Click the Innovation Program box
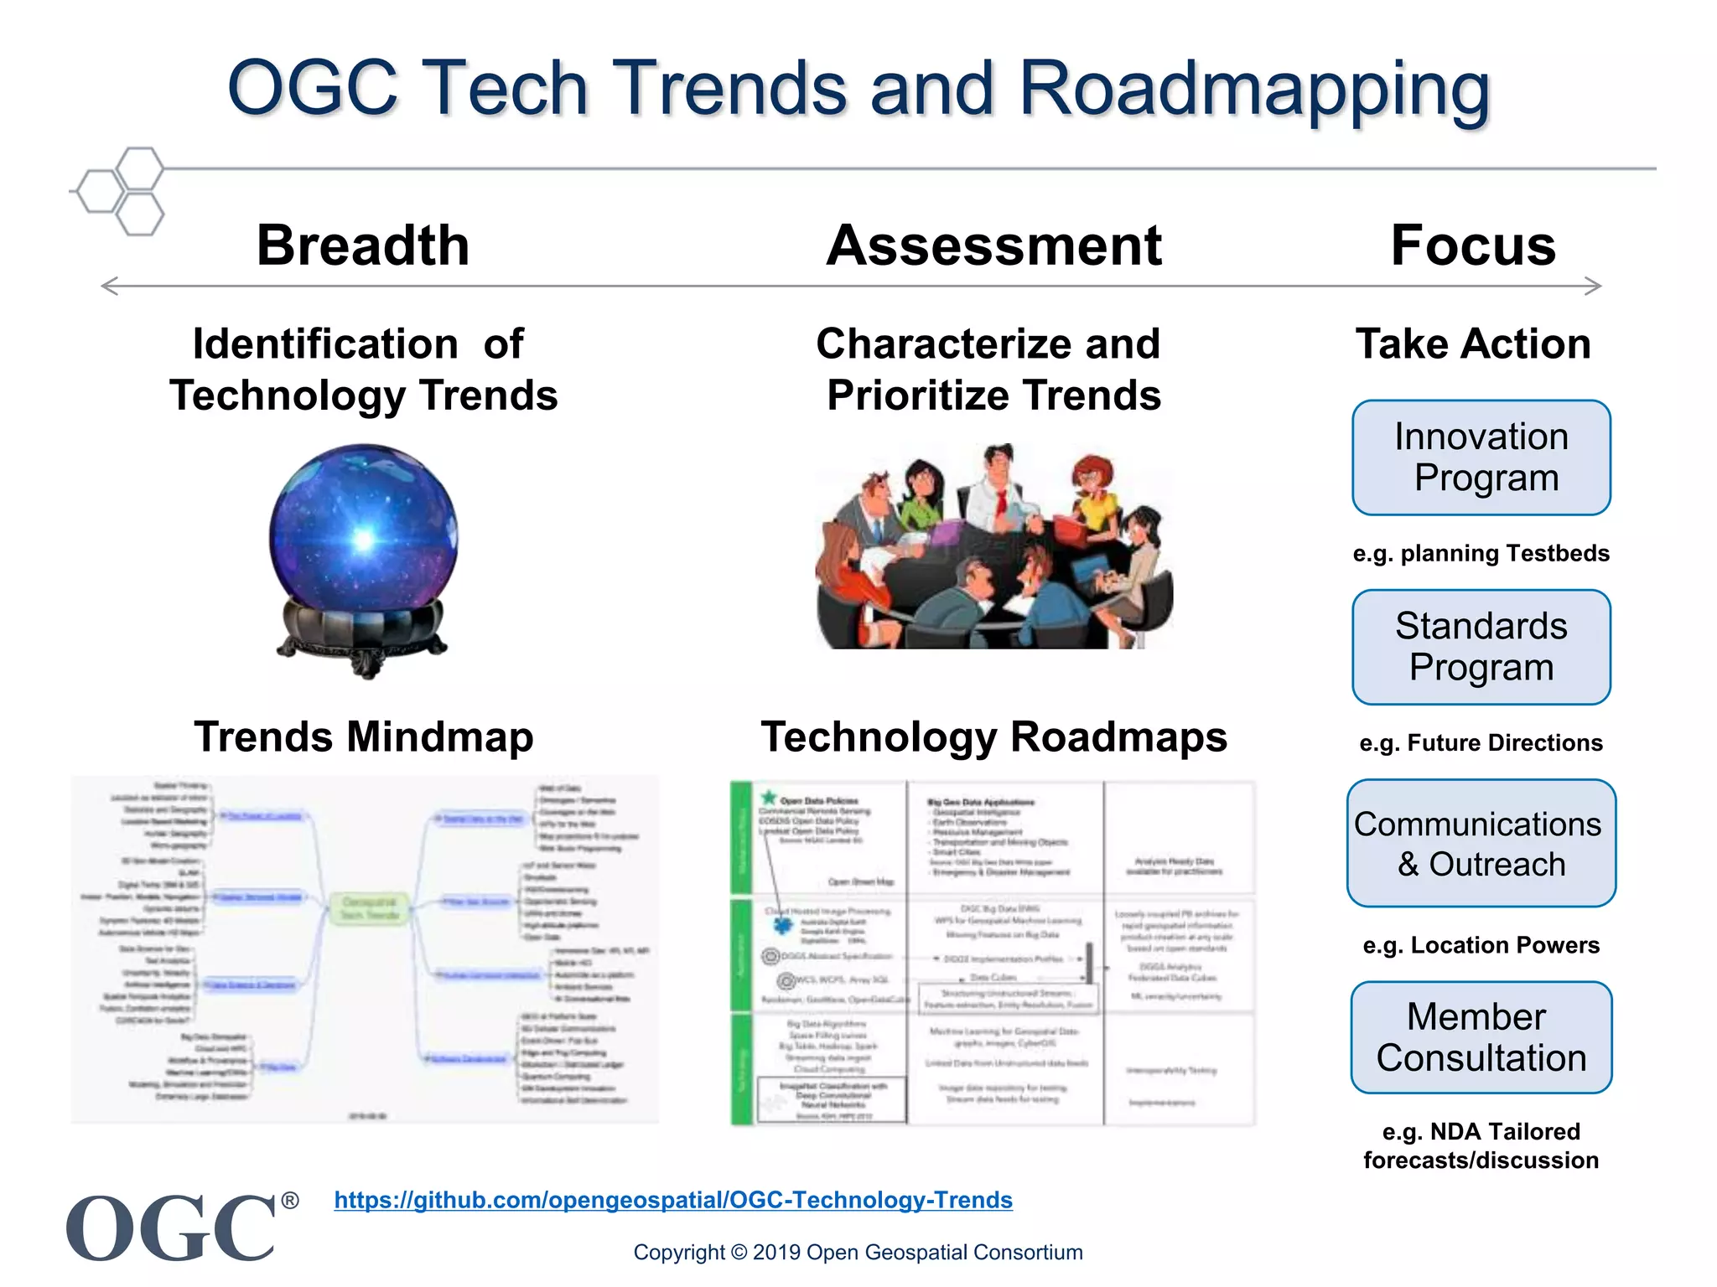(x=1481, y=457)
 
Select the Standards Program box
(x=1481, y=647)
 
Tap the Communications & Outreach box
(x=1481, y=844)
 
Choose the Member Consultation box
(x=1481, y=1037)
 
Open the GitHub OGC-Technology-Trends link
(x=673, y=1200)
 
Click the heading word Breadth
(x=363, y=246)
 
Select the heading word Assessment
(x=993, y=246)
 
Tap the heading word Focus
(x=1473, y=246)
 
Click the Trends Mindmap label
(x=363, y=737)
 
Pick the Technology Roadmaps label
(x=993, y=737)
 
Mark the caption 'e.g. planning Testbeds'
(x=1481, y=553)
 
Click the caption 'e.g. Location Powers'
(x=1481, y=945)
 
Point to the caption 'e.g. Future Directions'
(x=1481, y=742)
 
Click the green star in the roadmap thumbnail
(x=768, y=797)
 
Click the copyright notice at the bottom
(x=858, y=1252)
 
